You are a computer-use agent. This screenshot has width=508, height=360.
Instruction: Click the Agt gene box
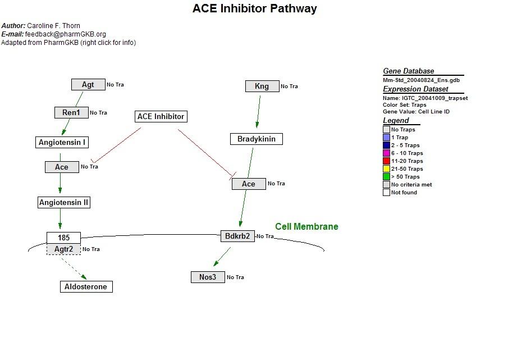88,85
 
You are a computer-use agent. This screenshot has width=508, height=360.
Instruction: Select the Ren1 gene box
71,113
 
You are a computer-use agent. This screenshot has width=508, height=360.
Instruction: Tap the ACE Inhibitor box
161,117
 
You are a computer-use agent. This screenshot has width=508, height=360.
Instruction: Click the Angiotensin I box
62,143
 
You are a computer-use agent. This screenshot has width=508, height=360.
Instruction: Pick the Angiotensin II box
63,203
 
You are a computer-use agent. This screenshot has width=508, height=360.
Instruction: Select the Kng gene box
262,86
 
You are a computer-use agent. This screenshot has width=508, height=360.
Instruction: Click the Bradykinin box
257,139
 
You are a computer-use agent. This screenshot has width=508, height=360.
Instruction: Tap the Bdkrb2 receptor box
237,236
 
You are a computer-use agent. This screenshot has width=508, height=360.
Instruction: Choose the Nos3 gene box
208,277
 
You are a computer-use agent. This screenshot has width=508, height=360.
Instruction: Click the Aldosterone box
86,287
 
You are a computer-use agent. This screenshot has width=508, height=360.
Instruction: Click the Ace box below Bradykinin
249,184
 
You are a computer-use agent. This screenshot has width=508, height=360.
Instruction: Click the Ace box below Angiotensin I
62,167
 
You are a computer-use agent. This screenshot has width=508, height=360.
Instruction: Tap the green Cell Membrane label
306,227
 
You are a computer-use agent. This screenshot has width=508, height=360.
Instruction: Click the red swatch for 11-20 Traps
386,161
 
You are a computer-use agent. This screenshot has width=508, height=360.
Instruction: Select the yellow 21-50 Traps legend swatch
386,169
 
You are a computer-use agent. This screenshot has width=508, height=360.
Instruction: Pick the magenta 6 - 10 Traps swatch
386,153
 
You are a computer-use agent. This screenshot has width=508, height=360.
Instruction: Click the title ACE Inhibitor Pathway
254,8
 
